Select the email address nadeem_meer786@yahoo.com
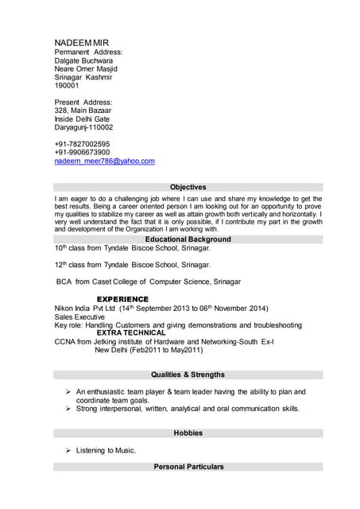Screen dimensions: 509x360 104,161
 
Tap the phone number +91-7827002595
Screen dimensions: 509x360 82,144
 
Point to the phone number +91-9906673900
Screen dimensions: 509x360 82,152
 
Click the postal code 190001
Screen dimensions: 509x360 67,85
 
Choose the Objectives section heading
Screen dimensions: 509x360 188,187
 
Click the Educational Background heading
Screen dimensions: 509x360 188,239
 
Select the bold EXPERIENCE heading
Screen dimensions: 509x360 122,299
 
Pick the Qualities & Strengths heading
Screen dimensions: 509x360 188,375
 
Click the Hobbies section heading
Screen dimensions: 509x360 188,433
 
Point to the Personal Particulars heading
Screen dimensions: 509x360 188,467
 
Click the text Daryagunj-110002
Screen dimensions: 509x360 83,127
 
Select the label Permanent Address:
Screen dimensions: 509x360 88,52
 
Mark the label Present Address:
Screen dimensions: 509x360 83,103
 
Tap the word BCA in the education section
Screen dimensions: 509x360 64,282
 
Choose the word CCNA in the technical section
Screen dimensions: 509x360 64,341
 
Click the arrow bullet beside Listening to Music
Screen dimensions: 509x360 68,451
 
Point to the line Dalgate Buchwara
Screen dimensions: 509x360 83,60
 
